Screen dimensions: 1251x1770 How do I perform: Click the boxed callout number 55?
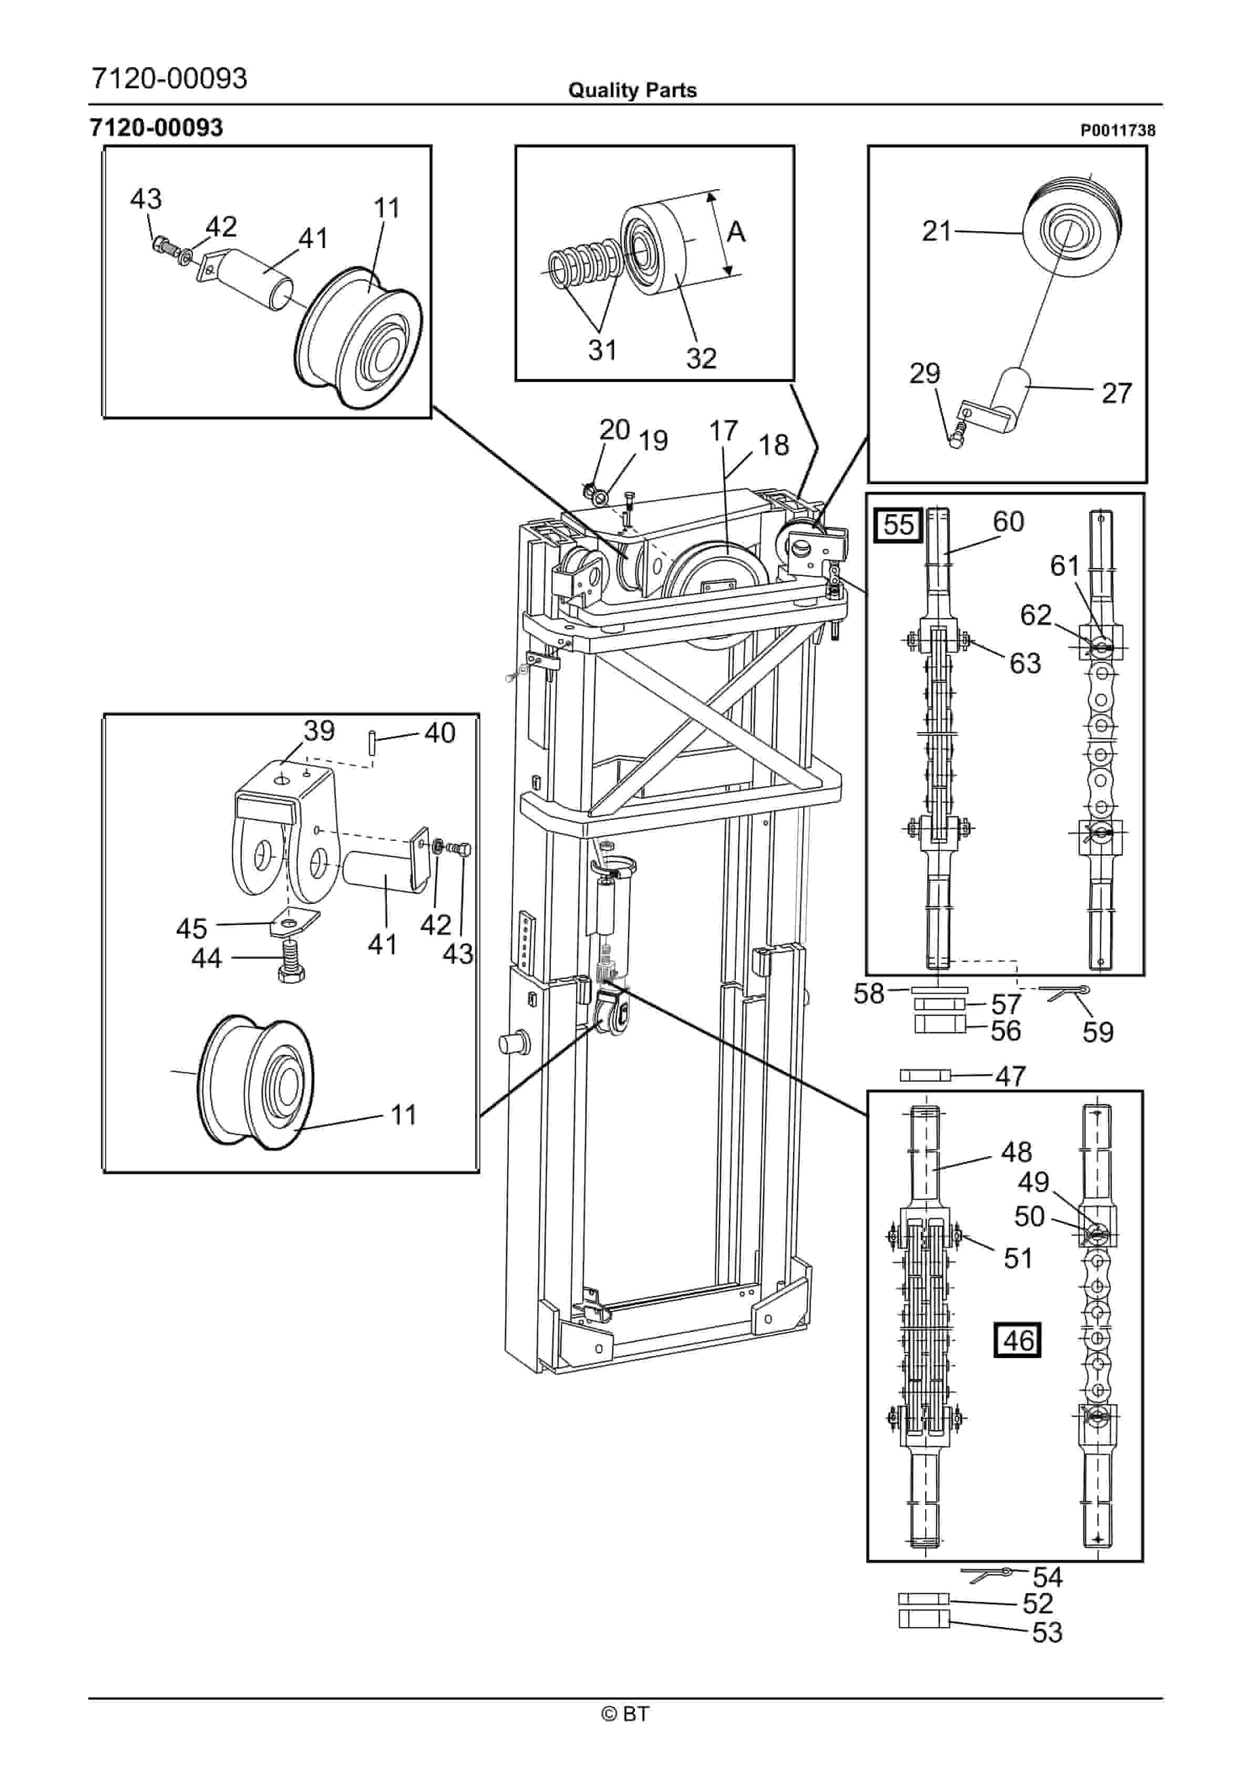898,525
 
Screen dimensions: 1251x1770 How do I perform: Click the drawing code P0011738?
1117,130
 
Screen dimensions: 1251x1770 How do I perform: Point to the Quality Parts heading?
632,90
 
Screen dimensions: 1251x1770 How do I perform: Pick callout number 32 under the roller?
701,358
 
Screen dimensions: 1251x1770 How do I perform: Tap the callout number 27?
1116,393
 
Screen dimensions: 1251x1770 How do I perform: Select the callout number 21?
937,231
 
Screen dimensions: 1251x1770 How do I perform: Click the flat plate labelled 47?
926,1075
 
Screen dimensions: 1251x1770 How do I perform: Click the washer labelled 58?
939,989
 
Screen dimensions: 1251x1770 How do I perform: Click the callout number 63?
1025,663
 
